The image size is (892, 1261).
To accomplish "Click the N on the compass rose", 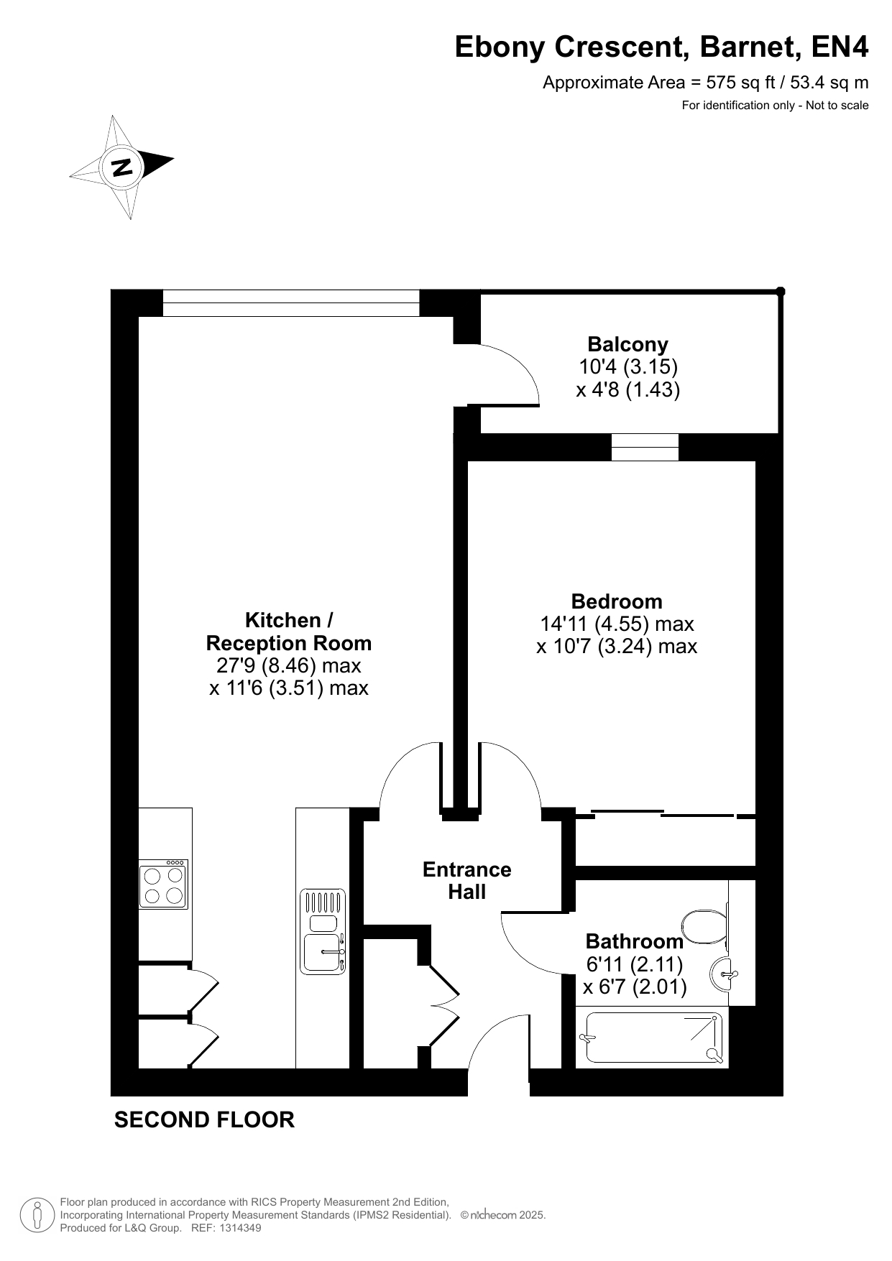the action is point(122,166).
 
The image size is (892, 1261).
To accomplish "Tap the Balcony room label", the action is point(627,344).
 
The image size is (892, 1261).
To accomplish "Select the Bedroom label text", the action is point(617,601).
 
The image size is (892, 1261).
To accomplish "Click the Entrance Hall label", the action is point(467,880).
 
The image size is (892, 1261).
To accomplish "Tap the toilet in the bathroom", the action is point(705,927).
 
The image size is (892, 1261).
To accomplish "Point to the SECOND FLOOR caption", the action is point(204,1119).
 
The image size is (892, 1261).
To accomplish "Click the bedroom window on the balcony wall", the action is point(645,447).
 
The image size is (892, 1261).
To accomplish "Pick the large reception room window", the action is point(291,302).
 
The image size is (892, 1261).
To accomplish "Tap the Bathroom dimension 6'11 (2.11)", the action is point(635,964).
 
